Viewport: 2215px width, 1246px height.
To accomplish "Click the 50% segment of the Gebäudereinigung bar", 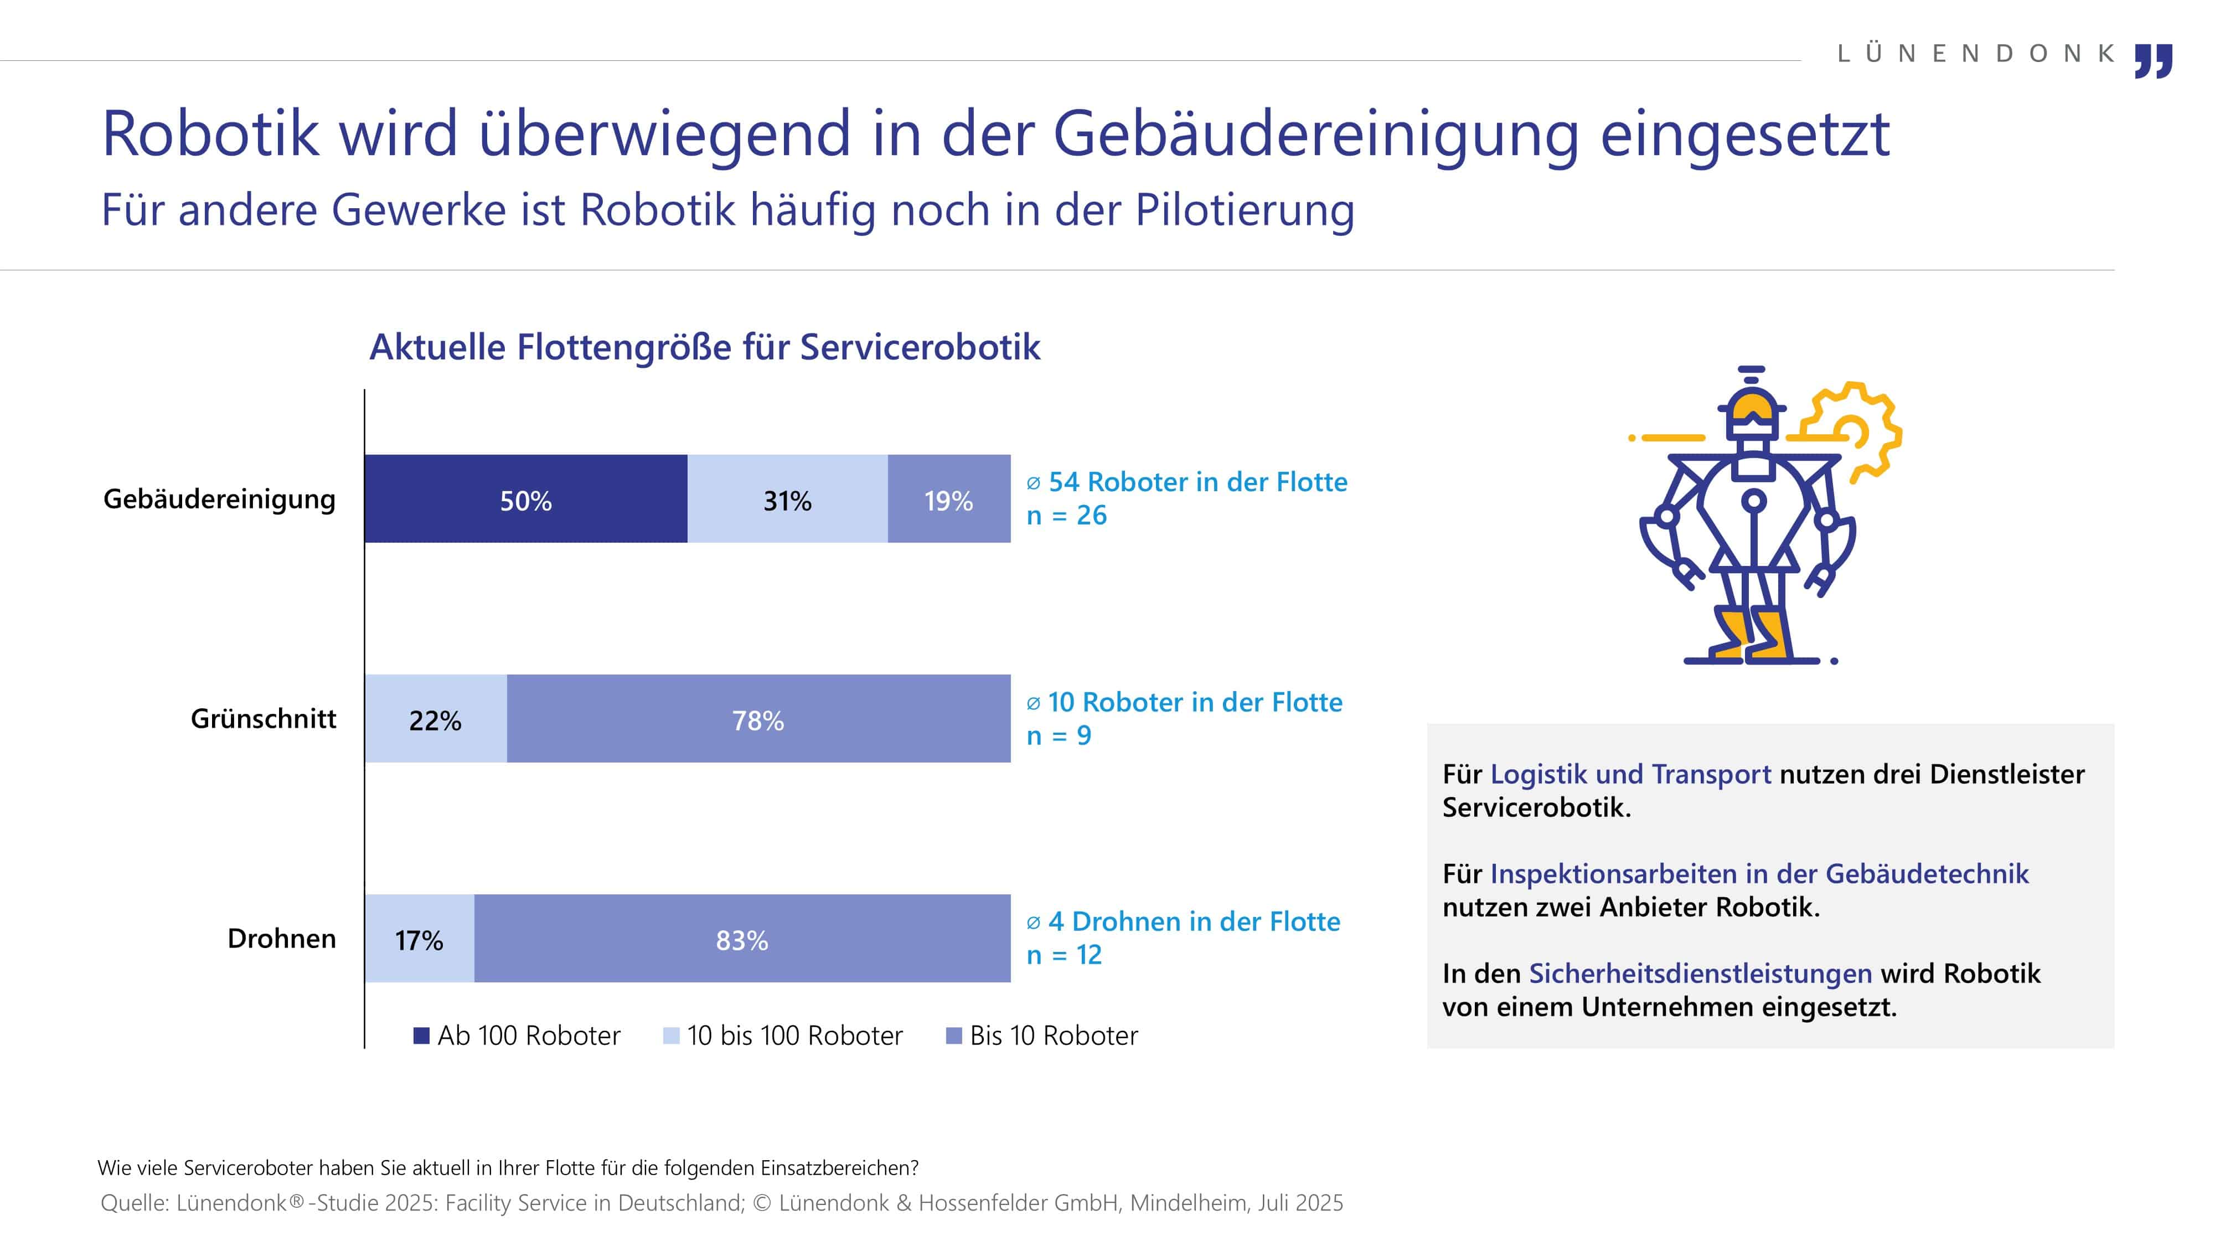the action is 526,499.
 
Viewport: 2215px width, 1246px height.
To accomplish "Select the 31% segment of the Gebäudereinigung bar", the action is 788,499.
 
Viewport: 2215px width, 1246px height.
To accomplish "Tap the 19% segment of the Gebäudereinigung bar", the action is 949,499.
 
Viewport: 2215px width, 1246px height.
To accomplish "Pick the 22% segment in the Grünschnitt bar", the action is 436,719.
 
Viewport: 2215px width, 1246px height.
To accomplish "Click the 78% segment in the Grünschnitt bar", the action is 759,719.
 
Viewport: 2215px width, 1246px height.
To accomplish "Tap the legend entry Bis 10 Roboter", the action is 1042,1036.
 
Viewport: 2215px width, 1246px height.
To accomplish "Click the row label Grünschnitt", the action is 263,719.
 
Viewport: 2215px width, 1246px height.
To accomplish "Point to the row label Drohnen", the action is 281,938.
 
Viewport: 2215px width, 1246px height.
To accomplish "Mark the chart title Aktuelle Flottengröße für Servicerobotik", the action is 705,347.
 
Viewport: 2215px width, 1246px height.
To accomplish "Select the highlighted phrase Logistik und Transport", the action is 1631,775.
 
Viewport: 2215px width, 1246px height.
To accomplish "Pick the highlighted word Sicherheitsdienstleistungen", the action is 1701,974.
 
